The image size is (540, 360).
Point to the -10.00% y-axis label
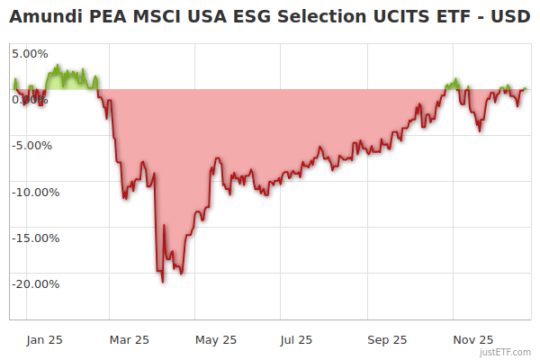tap(34, 192)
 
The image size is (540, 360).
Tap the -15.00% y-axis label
tap(34, 238)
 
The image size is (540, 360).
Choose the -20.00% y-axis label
tap(34, 283)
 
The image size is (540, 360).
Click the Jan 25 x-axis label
tap(43, 339)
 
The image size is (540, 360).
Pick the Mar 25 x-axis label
tap(129, 339)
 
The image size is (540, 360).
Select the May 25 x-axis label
tap(216, 339)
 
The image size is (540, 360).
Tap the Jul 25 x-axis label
tap(296, 339)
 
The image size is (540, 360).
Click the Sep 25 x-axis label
tap(388, 339)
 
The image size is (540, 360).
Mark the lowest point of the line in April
tap(163, 282)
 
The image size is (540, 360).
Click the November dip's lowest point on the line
tap(480, 130)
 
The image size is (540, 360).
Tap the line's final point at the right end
tap(526, 89)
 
